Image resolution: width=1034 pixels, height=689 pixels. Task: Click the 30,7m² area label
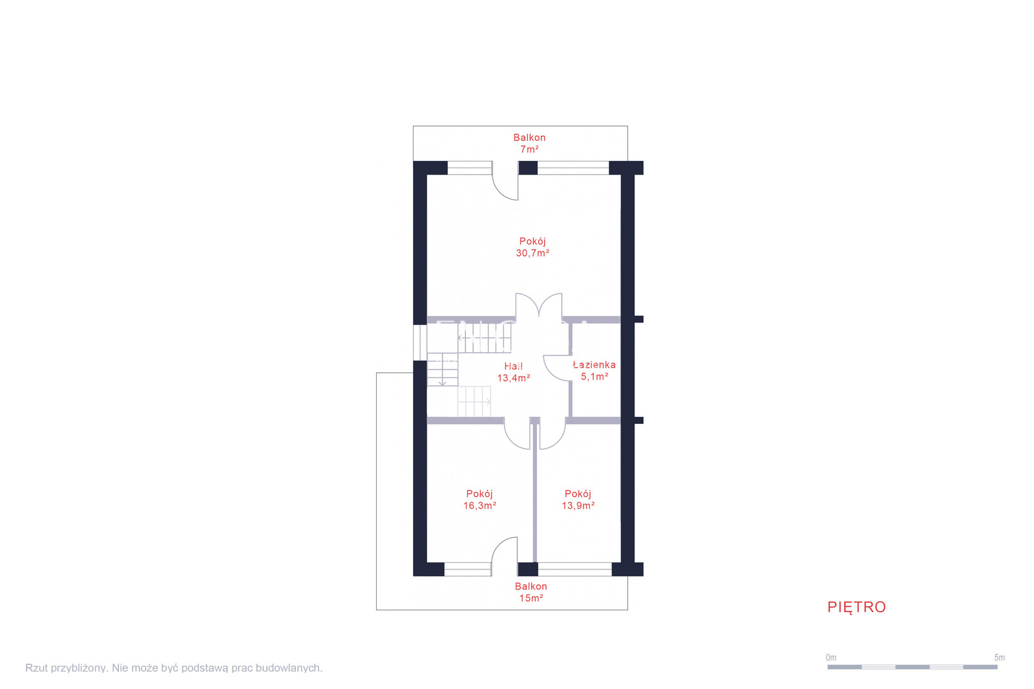pos(533,253)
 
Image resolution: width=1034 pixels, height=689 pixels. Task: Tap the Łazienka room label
pos(594,365)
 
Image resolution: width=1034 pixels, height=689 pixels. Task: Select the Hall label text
pos(513,366)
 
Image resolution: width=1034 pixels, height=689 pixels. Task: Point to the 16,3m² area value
pos(480,505)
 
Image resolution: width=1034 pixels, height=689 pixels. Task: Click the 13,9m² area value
pos(578,505)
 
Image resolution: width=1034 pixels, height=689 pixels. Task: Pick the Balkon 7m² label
pos(529,143)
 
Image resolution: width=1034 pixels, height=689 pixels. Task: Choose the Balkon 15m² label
pos(531,592)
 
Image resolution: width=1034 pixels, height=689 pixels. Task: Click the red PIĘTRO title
pos(856,608)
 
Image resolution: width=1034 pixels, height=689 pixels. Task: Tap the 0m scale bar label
pos(831,657)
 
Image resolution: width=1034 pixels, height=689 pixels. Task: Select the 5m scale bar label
pos(999,657)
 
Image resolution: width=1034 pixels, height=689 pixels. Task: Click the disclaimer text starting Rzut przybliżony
pos(174,668)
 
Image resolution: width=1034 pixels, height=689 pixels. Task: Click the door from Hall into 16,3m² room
pos(517,434)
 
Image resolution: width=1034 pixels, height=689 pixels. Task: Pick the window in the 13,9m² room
pos(575,569)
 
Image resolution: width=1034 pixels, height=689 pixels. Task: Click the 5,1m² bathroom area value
pos(595,377)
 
